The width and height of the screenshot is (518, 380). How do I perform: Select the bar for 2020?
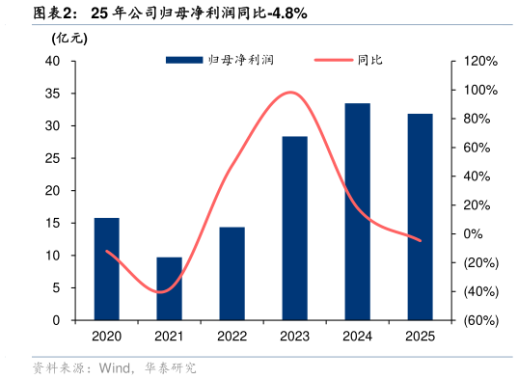[x=106, y=269]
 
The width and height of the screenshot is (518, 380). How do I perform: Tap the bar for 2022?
[x=232, y=274]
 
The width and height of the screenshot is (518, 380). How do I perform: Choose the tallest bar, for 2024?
[x=357, y=211]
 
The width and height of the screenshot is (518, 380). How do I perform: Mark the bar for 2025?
[x=420, y=217]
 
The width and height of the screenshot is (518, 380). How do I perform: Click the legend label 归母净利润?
[x=242, y=60]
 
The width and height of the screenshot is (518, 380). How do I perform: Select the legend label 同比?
[x=369, y=60]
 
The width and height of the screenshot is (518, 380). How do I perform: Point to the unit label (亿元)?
[x=70, y=39]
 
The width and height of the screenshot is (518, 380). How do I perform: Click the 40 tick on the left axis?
[x=54, y=61]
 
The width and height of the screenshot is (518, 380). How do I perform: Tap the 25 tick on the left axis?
[x=54, y=158]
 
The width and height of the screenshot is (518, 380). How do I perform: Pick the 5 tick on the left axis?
[x=58, y=287]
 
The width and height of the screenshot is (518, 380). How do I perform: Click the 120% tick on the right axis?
[x=479, y=61]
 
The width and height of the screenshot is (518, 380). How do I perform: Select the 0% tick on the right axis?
[x=473, y=233]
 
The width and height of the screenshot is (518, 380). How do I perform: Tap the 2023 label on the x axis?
[x=294, y=337]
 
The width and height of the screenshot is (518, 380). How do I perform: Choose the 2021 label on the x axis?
[x=169, y=337]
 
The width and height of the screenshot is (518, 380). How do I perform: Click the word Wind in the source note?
[x=115, y=367]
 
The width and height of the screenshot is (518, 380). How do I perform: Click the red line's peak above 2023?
[x=290, y=93]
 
